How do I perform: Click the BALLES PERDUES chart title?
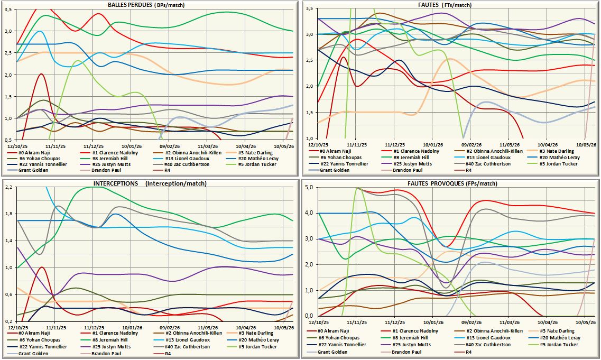pos(146,5)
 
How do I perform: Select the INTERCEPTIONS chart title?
pos(150,183)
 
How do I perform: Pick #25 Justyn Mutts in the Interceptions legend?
pos(111,347)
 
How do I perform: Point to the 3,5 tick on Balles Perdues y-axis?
pos(8,9)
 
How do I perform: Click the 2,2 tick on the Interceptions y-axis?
pos(8,187)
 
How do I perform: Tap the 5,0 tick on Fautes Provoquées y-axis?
pos(309,188)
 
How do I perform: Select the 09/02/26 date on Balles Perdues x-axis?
pos(170,146)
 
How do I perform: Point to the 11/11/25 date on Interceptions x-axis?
pos(56,328)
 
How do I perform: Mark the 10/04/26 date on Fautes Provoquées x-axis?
pos(548,323)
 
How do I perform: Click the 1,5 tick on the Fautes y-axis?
pos(309,112)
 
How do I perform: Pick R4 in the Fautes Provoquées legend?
pos(469,352)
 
